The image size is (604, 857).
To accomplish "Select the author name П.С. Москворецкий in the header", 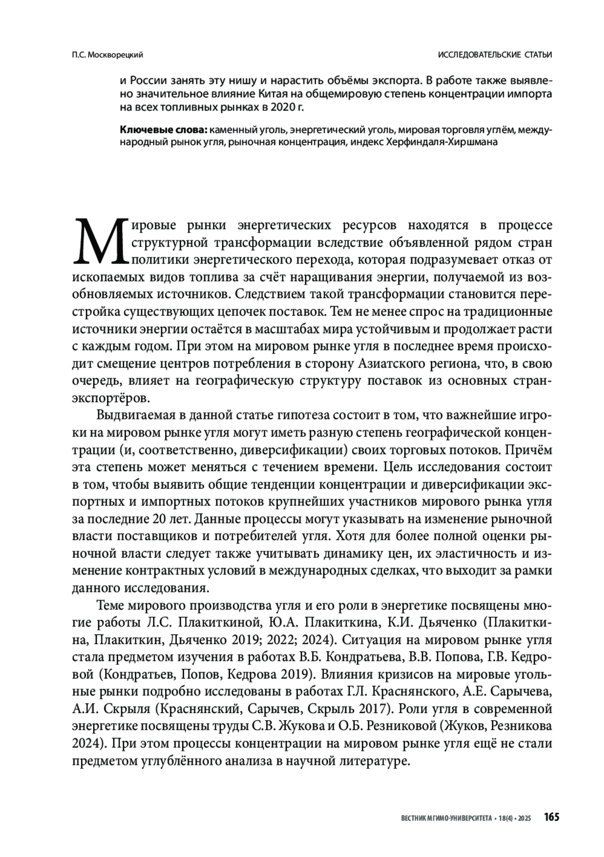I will [107, 55].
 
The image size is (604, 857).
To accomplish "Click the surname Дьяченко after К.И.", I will [443, 623].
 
